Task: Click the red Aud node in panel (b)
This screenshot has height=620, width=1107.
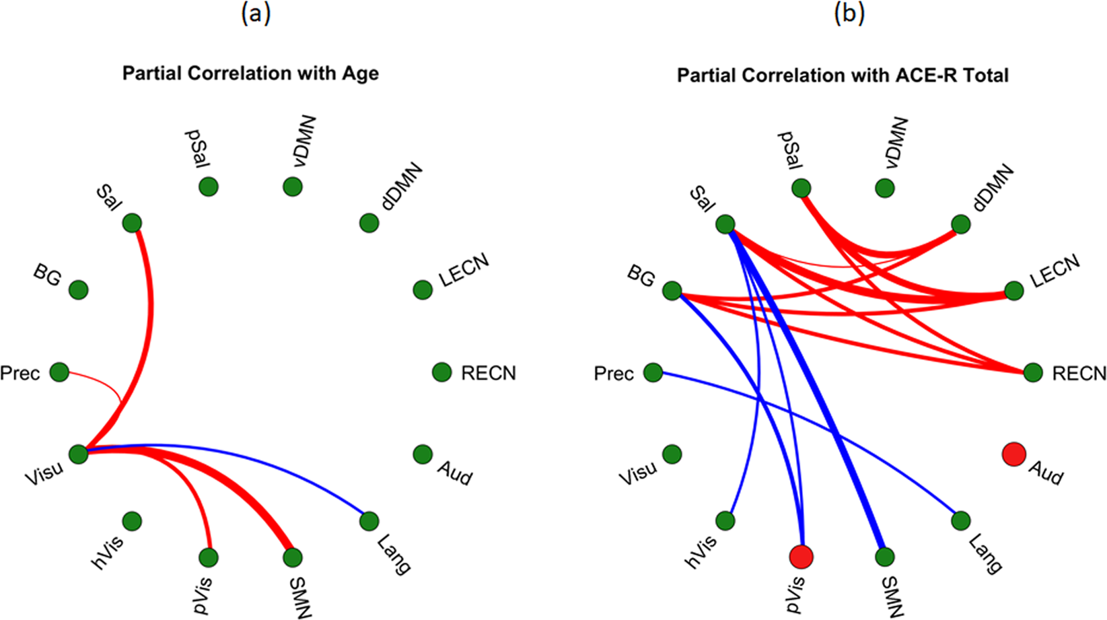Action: [1013, 454]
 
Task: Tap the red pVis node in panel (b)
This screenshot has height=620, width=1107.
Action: [801, 557]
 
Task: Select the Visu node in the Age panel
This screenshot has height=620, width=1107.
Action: [79, 454]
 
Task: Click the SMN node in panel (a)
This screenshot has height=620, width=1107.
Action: [292, 557]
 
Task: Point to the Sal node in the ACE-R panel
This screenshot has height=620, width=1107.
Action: [725, 224]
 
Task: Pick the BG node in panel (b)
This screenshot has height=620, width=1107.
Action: [672, 291]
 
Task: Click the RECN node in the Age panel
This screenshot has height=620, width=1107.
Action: [441, 372]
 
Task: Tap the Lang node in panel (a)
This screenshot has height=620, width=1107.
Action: [369, 520]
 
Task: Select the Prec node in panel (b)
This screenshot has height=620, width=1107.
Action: [653, 372]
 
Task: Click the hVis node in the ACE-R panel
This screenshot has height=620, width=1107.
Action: [725, 520]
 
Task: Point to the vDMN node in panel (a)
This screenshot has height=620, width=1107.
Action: [292, 186]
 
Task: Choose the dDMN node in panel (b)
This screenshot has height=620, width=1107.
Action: [960, 224]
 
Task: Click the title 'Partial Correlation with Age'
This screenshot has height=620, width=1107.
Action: [250, 73]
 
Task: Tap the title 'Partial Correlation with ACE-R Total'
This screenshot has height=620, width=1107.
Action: [843, 75]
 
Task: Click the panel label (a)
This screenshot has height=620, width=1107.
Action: [256, 13]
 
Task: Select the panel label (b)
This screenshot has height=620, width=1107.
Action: [849, 13]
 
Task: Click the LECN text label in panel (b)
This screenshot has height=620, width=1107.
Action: [1055, 271]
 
